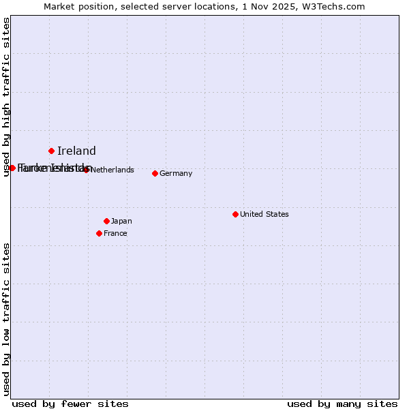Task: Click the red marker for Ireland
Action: (51, 151)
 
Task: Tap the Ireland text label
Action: (76, 151)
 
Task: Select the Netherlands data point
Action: (87, 170)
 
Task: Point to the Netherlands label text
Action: (112, 170)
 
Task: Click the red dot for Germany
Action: (155, 173)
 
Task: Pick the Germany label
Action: (176, 173)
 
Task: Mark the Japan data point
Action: (106, 221)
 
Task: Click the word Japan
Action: (121, 221)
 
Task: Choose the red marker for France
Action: (99, 233)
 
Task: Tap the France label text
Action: (115, 233)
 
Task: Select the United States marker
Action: (235, 214)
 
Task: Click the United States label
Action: (264, 214)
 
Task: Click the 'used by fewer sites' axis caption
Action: (70, 404)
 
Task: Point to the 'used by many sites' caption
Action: (342, 404)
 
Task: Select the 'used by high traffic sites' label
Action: (6, 97)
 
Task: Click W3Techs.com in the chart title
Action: (335, 6)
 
